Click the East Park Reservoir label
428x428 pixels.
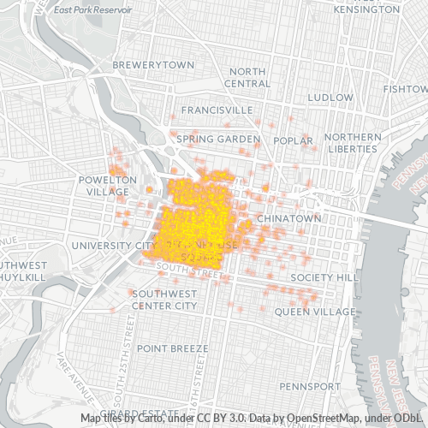(92, 10)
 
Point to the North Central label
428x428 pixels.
(247, 78)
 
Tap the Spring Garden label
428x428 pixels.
(217, 138)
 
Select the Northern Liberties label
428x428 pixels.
(352, 143)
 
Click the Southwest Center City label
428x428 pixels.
(163, 299)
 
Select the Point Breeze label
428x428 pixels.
(172, 348)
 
